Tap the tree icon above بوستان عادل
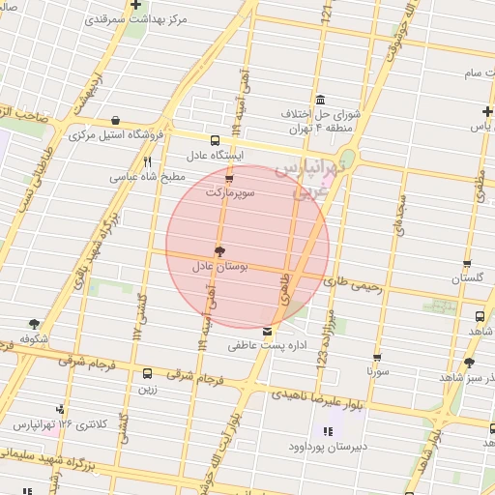click(219, 250)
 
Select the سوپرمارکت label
click(230, 193)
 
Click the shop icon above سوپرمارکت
click(229, 179)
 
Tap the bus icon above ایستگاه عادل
click(215, 139)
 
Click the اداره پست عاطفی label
click(267, 345)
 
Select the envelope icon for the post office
click(267, 332)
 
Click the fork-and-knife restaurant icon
click(147, 161)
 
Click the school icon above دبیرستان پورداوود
click(325, 430)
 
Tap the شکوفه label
click(34, 339)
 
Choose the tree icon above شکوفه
click(35, 324)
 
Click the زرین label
click(147, 389)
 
